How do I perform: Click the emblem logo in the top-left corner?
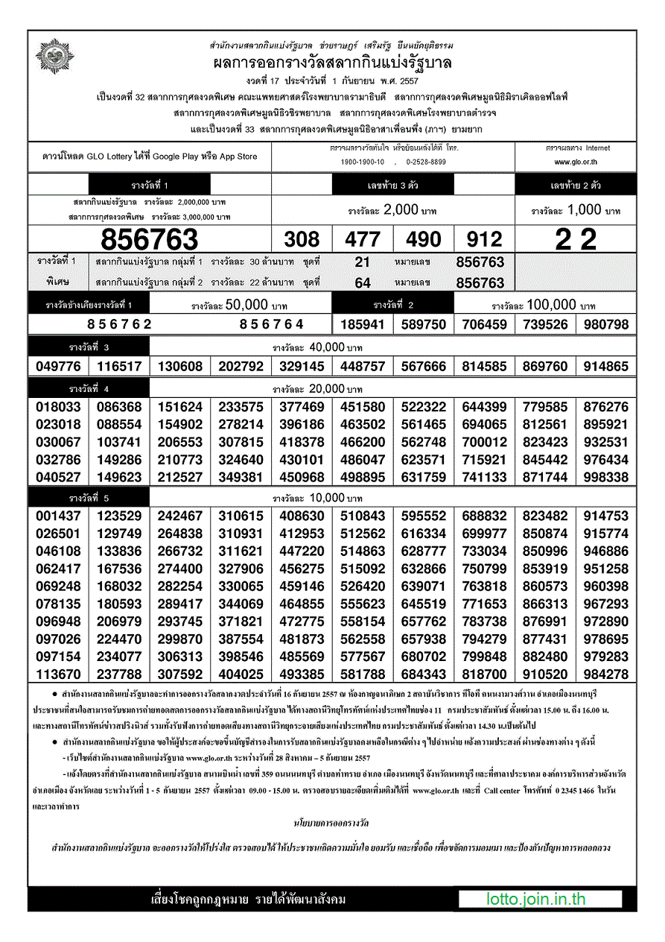click(51, 57)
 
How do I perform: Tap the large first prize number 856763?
click(150, 239)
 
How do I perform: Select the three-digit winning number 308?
click(302, 239)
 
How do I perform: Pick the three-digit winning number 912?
click(484, 239)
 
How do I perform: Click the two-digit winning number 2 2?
click(576, 239)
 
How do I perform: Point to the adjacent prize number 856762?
click(119, 324)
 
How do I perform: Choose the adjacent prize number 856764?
click(272, 324)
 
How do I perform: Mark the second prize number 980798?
click(606, 324)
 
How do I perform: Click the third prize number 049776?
click(58, 367)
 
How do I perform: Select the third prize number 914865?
click(606, 367)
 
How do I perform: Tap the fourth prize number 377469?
click(302, 407)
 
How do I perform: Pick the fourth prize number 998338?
click(606, 477)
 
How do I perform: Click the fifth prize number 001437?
click(58, 516)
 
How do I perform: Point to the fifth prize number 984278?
click(606, 674)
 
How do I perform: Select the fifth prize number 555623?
click(363, 604)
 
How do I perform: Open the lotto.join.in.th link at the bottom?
click(536, 899)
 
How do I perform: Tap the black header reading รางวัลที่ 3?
click(89, 347)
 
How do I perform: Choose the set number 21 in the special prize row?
click(363, 262)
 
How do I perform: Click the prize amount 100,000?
click(551, 305)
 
